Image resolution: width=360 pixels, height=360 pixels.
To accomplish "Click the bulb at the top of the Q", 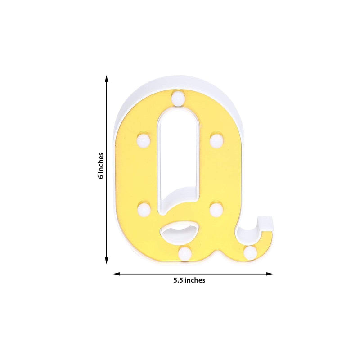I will click(179, 99).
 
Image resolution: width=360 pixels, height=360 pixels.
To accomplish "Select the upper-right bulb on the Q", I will click(216, 139).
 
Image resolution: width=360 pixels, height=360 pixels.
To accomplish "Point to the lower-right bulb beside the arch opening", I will click(216, 209).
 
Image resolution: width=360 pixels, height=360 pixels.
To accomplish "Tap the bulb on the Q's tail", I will click(251, 251).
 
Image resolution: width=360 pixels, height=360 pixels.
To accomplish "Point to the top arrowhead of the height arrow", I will click(107, 78).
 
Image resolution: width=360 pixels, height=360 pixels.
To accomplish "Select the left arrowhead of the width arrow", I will click(116, 273).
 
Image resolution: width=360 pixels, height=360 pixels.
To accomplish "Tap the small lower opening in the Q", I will click(179, 233).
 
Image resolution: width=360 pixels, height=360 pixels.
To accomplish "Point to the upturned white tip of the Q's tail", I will click(265, 221).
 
